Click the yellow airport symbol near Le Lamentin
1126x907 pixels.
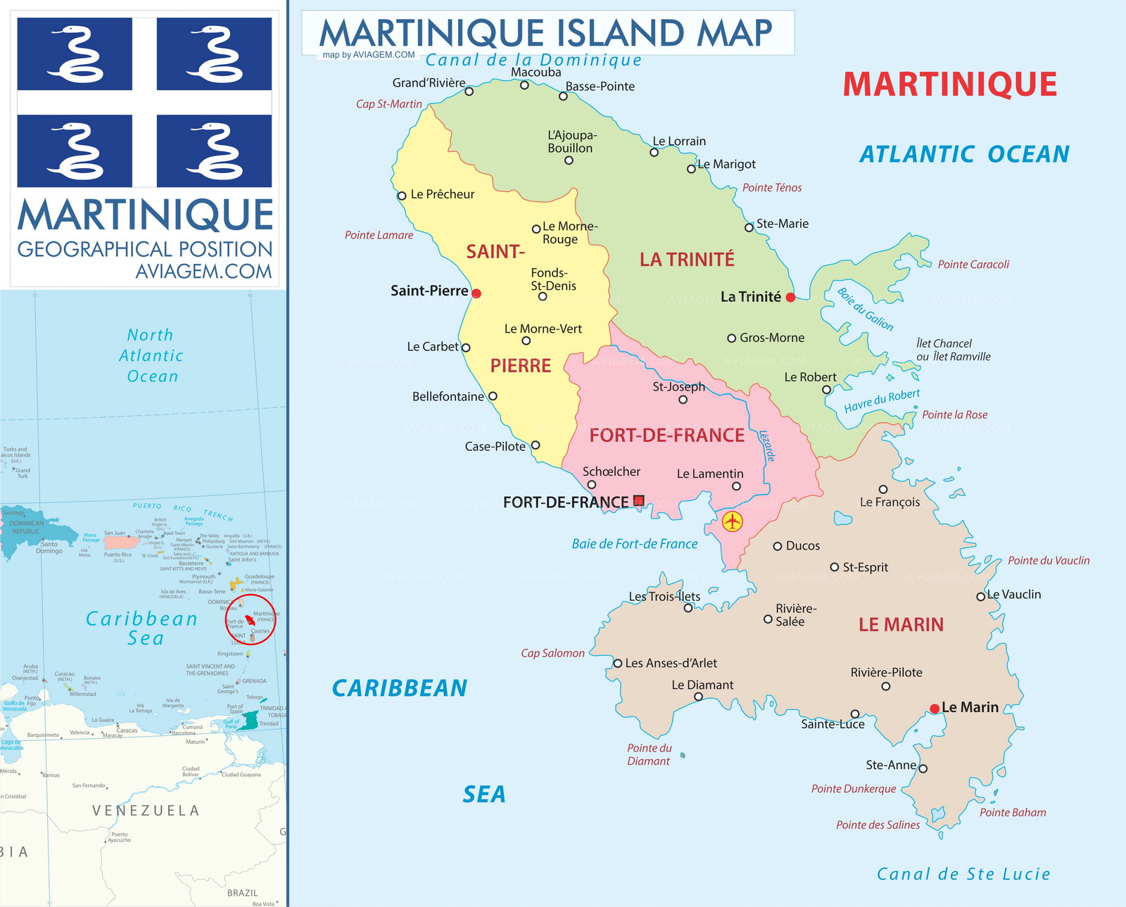(x=733, y=521)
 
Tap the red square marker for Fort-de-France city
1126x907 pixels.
(x=638, y=501)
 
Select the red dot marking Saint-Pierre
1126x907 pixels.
(x=476, y=293)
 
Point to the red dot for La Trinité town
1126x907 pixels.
(x=790, y=298)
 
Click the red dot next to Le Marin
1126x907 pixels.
(x=934, y=709)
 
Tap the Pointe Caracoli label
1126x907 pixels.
(x=973, y=265)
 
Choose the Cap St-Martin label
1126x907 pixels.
(x=388, y=104)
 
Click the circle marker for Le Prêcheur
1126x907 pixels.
(x=402, y=196)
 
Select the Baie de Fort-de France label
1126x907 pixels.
(x=634, y=544)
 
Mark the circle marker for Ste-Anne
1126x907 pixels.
(x=923, y=768)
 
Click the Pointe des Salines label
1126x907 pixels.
(x=877, y=825)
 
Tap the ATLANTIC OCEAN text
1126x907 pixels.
(x=964, y=154)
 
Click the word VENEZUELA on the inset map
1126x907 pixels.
(x=146, y=811)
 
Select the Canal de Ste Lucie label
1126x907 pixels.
(x=963, y=874)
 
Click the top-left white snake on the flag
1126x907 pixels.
(x=75, y=54)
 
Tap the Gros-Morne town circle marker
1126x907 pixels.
(x=731, y=338)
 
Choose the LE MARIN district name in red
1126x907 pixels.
(x=901, y=624)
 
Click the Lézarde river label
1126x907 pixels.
(x=766, y=446)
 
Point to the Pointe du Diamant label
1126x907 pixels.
(x=649, y=754)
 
